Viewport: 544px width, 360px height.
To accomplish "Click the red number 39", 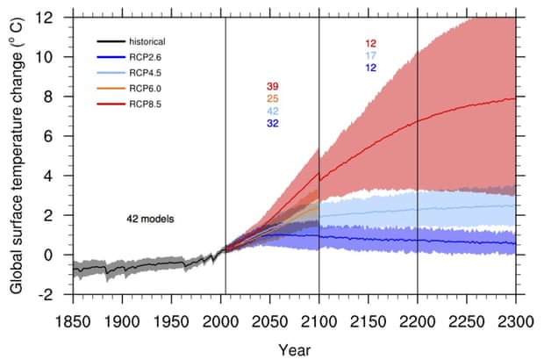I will pyautogui.click(x=274, y=86).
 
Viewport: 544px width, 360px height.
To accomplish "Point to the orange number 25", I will pyautogui.click(x=274, y=98).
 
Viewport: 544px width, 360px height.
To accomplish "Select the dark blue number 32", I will pyautogui.click(x=274, y=124).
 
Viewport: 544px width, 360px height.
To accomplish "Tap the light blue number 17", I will pyautogui.click(x=371, y=56).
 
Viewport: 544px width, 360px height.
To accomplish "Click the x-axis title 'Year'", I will pyautogui.click(x=294, y=349).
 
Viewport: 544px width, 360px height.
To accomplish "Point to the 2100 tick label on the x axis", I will pyautogui.click(x=318, y=321).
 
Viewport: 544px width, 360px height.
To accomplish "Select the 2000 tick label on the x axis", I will pyautogui.click(x=219, y=321).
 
